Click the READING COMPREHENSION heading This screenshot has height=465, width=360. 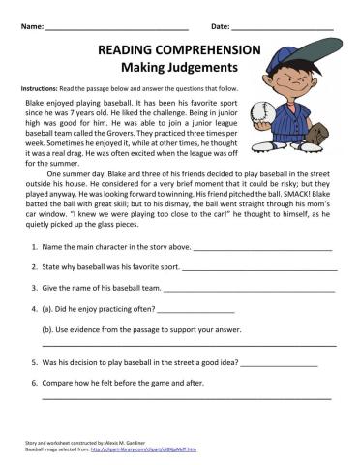(179, 49)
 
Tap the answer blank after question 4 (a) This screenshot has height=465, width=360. (195, 312)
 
